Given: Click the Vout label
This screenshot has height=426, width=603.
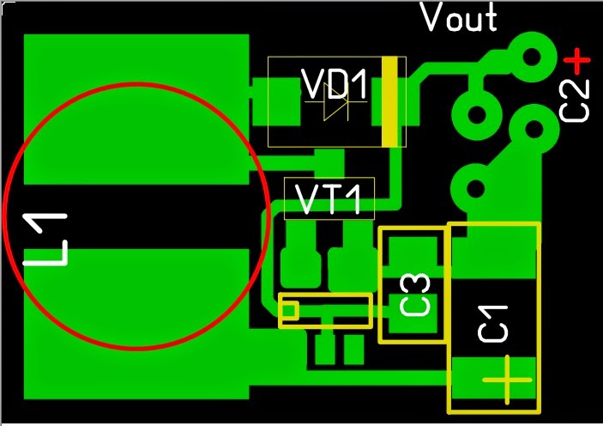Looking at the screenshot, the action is point(459,18).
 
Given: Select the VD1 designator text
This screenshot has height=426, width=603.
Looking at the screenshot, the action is point(335,85).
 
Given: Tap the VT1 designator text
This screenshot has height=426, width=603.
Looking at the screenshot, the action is point(329,198).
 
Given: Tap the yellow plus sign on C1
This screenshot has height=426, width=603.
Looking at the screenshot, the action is point(506,379).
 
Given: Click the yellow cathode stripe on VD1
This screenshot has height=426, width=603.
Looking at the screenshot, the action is point(391,101).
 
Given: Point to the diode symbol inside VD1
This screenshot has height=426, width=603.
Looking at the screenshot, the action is point(335,107).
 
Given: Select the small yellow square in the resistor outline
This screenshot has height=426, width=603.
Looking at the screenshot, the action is point(290,309).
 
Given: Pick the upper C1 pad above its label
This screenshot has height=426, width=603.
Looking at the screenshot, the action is point(493,252).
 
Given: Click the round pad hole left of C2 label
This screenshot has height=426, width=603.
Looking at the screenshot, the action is point(530,130).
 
